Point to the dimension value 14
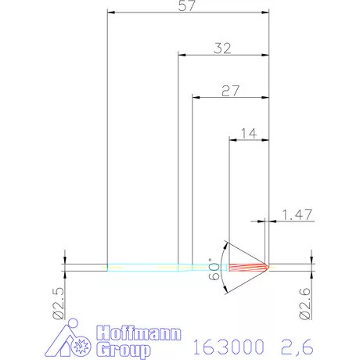coord(248,134)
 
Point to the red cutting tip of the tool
coord(250,268)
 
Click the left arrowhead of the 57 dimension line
coord(110,13)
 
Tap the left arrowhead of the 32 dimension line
coord(182,55)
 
